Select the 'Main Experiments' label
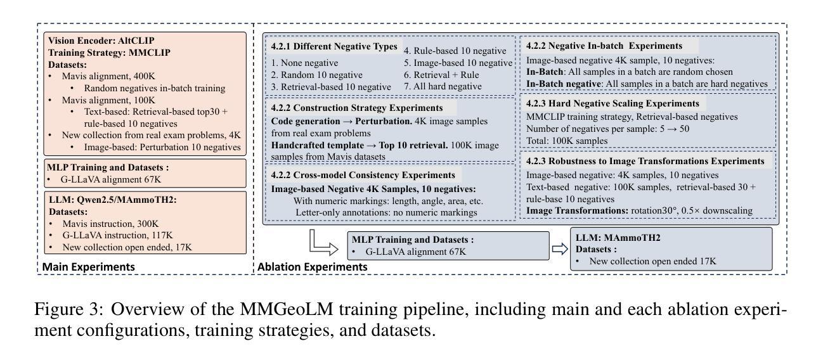88,267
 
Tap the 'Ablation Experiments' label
312,267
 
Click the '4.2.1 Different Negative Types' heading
334,47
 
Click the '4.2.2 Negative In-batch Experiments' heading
604,46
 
